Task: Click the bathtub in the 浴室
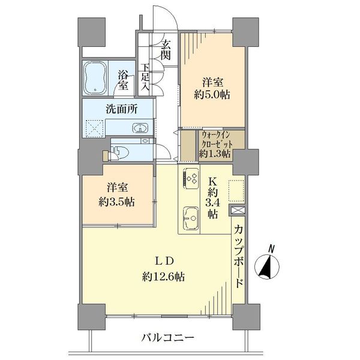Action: (x=95, y=78)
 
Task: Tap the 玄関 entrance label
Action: (x=166, y=50)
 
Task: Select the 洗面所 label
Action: (x=121, y=109)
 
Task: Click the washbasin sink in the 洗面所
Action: (x=140, y=128)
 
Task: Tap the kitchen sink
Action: (x=191, y=218)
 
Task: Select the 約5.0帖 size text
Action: (x=212, y=94)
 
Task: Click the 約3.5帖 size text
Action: (x=116, y=202)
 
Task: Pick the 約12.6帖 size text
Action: (x=163, y=277)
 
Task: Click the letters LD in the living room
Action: (x=163, y=261)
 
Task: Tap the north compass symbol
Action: (x=267, y=267)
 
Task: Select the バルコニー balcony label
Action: (x=168, y=338)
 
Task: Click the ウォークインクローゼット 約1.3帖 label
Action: (x=215, y=144)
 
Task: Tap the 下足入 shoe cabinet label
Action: (x=145, y=76)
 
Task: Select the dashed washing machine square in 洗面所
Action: (x=95, y=128)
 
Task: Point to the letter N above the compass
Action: (x=271, y=249)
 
